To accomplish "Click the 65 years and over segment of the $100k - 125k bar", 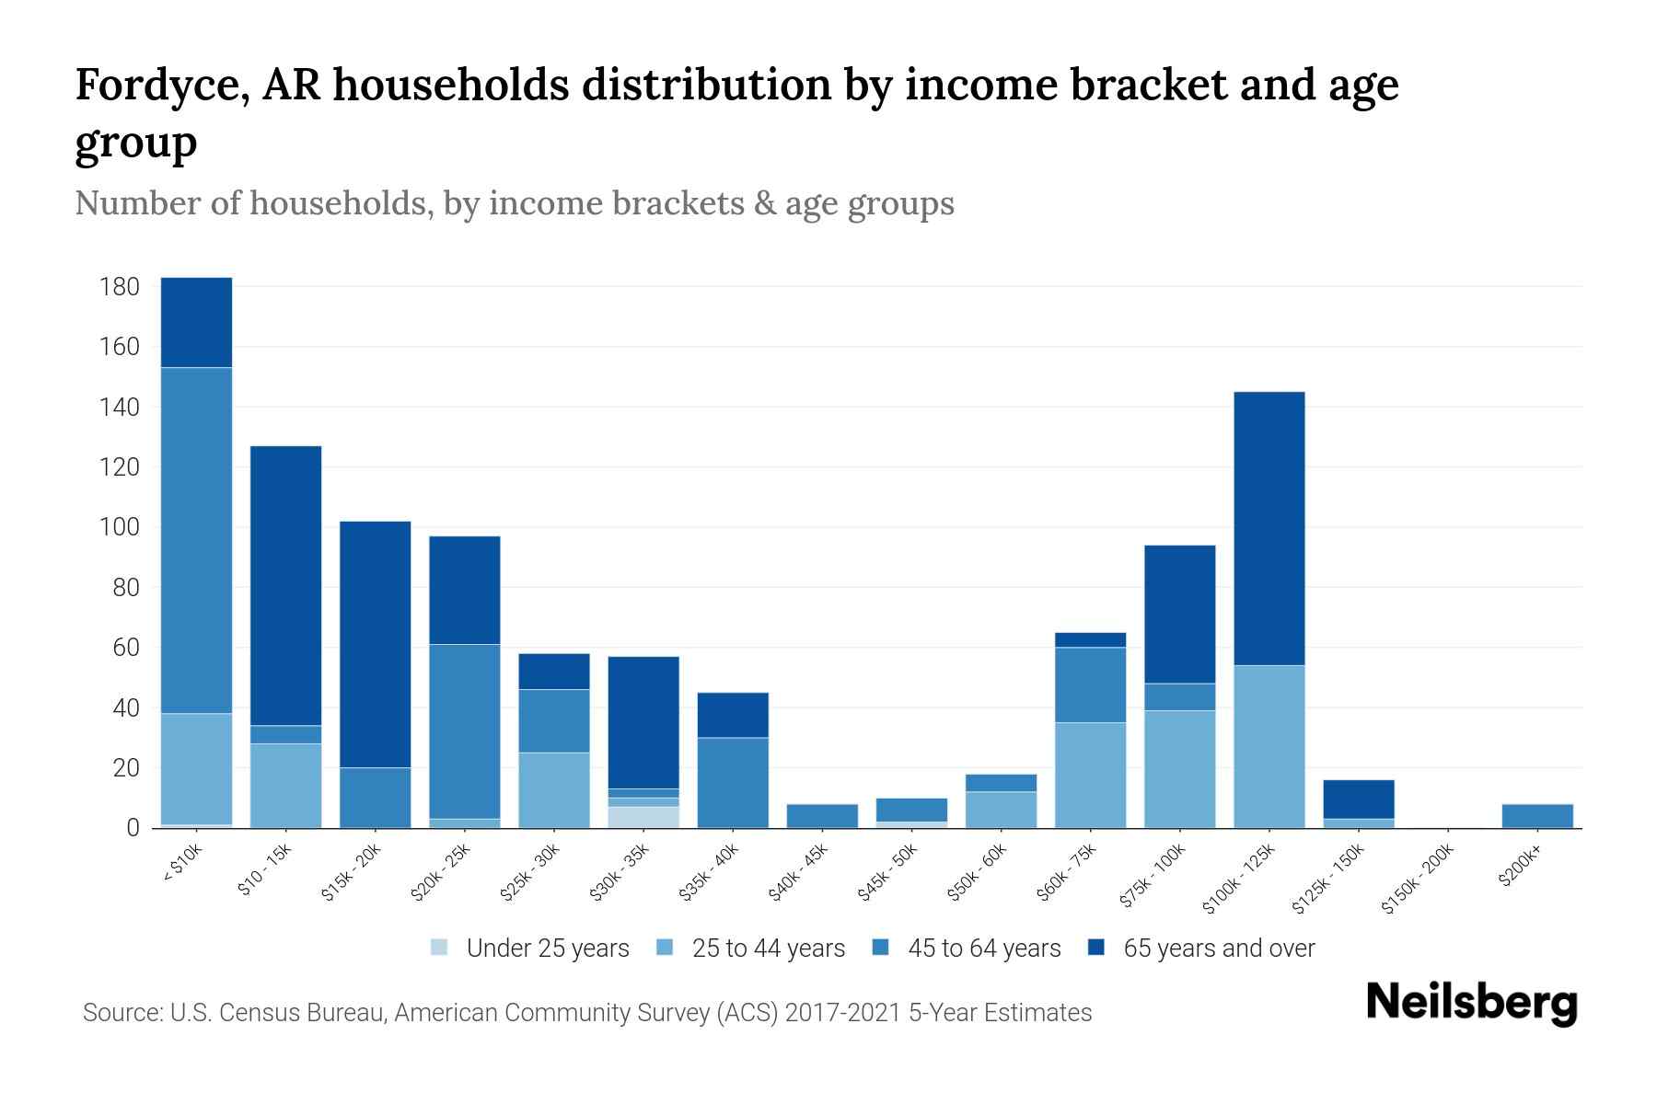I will pos(1269,528).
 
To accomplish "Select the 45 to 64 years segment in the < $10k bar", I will pos(196,540).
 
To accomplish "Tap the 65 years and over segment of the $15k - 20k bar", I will pos(375,644).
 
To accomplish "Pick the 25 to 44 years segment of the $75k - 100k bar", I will pos(1180,769).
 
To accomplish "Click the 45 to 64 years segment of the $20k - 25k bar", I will pos(465,731).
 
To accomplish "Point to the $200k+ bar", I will pos(1537,816).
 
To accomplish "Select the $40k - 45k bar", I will pos(822,816).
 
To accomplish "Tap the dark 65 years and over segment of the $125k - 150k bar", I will pos(1359,799).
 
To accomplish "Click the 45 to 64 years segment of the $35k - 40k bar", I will pos(733,782).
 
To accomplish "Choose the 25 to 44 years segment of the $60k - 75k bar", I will pos(1091,775).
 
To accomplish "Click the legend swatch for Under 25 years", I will pos(440,948).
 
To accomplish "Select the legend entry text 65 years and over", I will pos(1219,948).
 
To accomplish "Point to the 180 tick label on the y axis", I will pos(119,287).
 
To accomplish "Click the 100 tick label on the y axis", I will pos(119,528).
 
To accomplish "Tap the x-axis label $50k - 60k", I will pos(978,873).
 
